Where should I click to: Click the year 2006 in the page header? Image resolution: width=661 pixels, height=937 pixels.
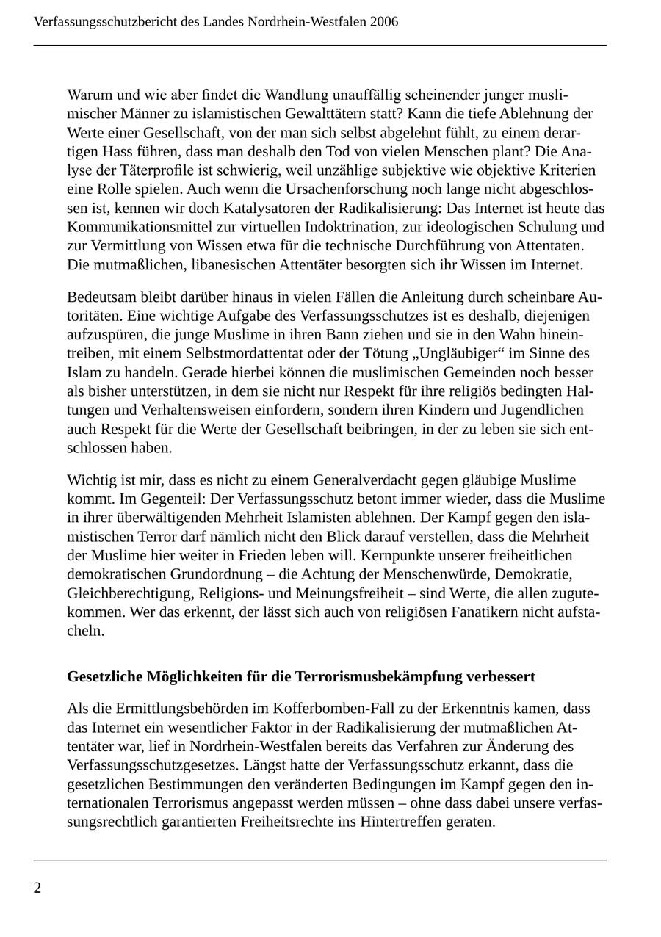pyautogui.click(x=384, y=22)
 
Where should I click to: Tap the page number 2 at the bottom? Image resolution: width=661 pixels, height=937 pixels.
pyautogui.click(x=37, y=889)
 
